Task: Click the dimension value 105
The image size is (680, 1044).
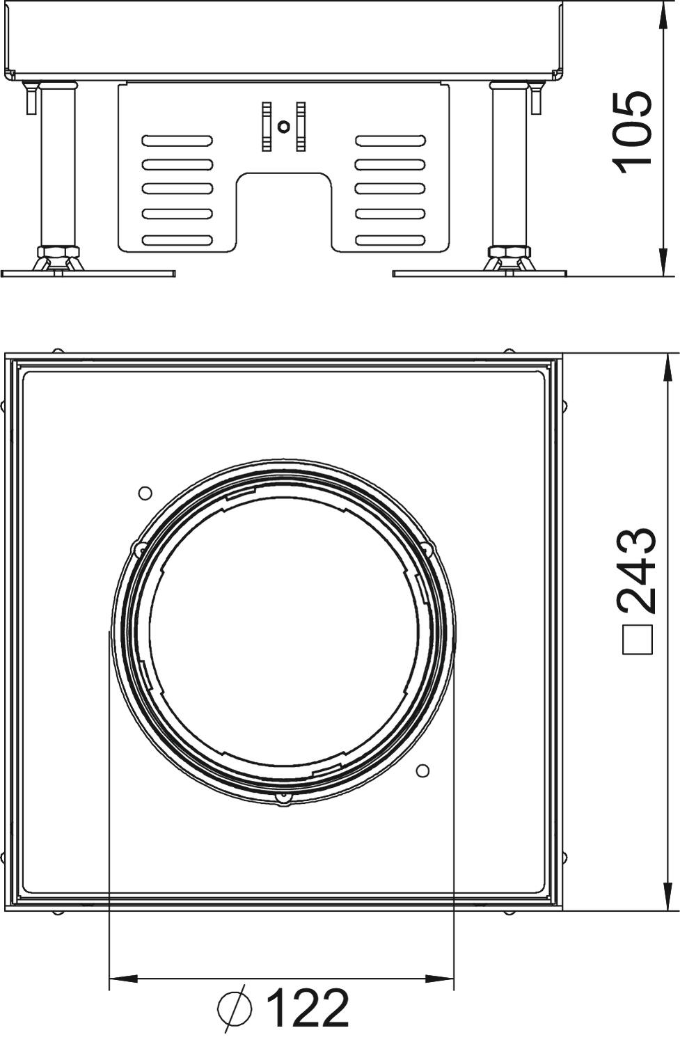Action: tap(632, 132)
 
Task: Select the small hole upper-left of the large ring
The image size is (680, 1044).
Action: tap(145, 493)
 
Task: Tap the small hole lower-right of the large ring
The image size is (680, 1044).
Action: tap(422, 771)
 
